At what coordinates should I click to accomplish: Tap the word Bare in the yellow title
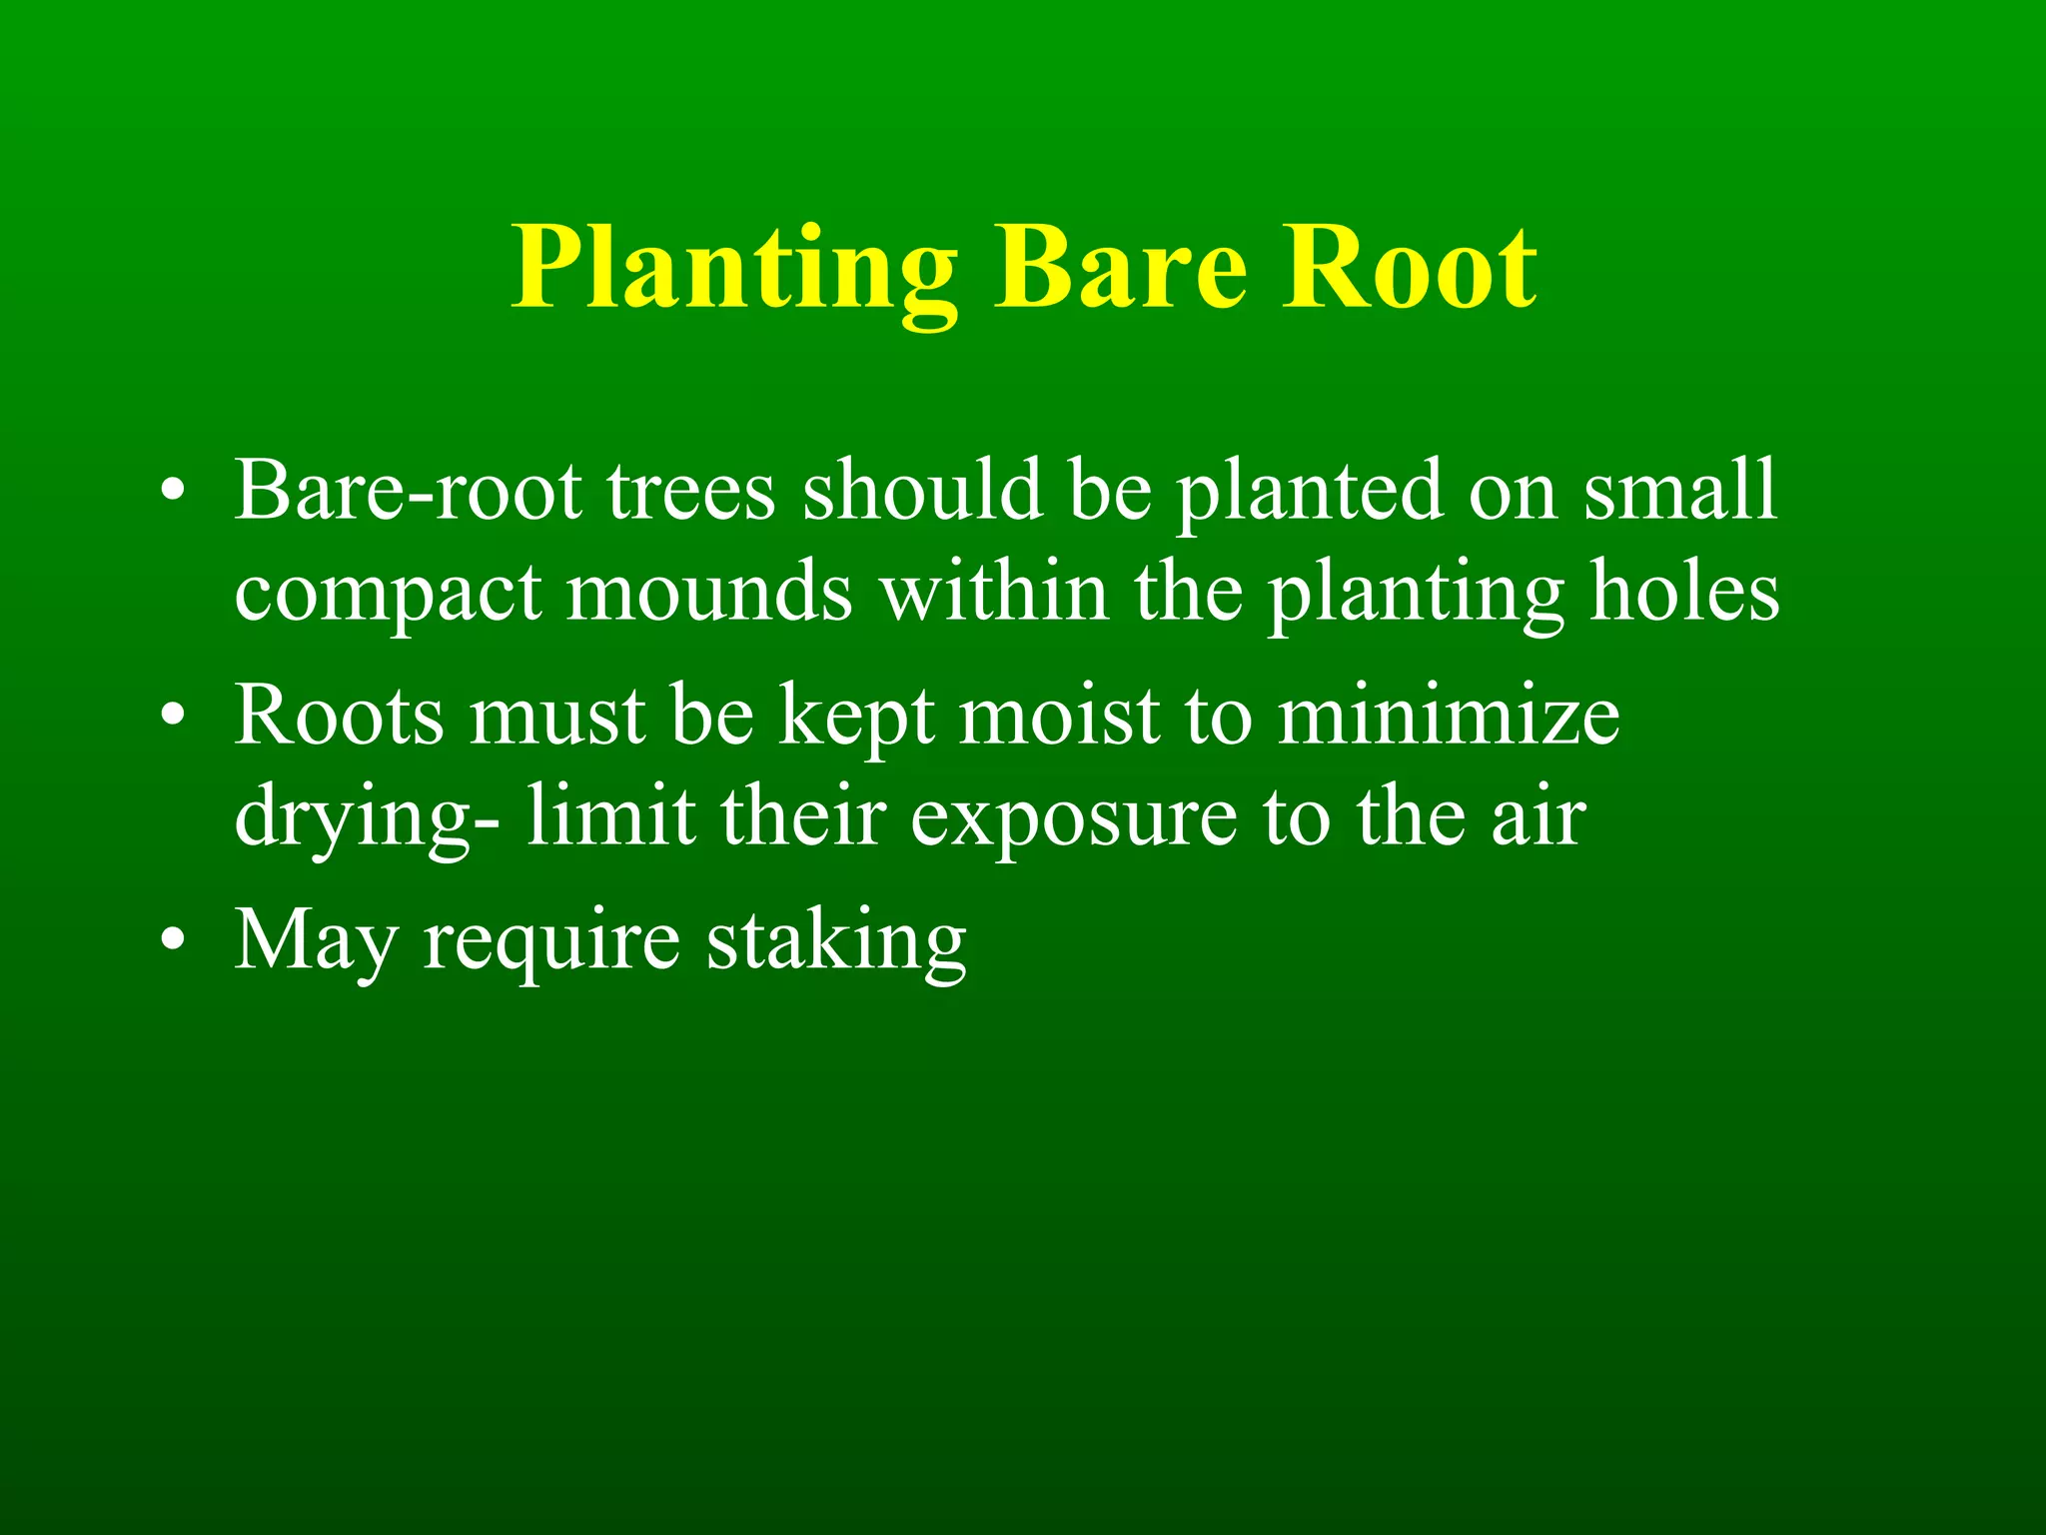[1120, 268]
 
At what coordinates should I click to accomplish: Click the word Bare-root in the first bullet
[408, 491]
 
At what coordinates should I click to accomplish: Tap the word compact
[388, 595]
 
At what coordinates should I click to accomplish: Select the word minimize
[1449, 716]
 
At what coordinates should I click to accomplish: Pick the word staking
[836, 942]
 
